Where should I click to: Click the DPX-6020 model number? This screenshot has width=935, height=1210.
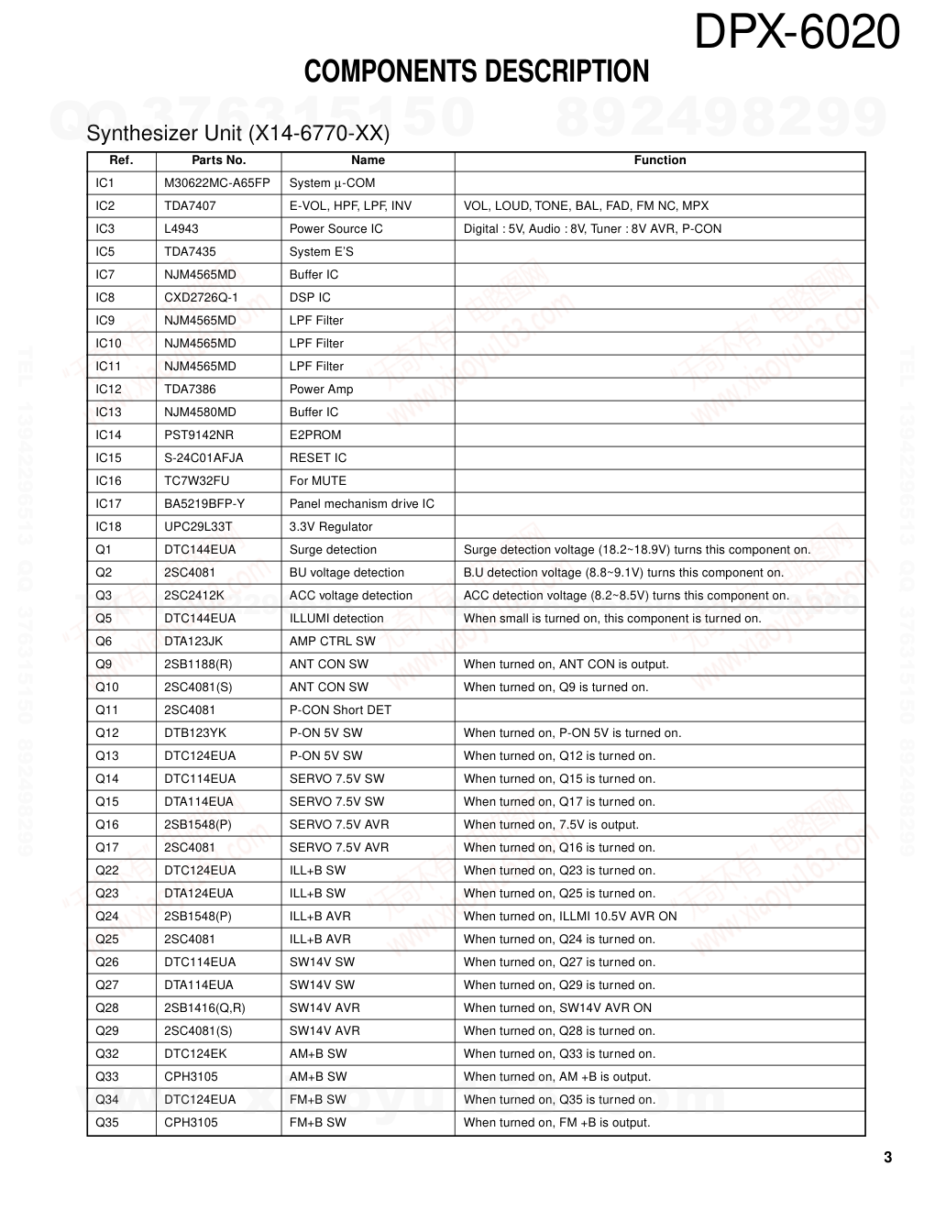pyautogui.click(x=797, y=33)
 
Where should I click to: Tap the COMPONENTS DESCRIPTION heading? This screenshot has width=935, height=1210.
pyautogui.click(x=476, y=71)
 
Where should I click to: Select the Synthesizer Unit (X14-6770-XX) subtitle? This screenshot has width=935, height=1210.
pyautogui.click(x=237, y=134)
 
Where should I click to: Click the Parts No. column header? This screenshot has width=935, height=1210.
pyautogui.click(x=218, y=160)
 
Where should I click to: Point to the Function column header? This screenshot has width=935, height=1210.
pyautogui.click(x=659, y=160)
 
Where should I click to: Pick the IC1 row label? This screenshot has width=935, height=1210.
pyautogui.click(x=104, y=183)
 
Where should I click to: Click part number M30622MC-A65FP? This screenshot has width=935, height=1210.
pyautogui.click(x=216, y=183)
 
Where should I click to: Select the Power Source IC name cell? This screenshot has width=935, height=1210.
pyautogui.click(x=335, y=229)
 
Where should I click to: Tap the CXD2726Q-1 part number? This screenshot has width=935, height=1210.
pyautogui.click(x=201, y=298)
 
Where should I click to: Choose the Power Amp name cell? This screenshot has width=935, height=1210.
pyautogui.click(x=321, y=390)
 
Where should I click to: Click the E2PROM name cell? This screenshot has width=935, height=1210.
pyautogui.click(x=314, y=435)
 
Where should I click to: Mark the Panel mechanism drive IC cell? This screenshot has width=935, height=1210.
pyautogui.click(x=361, y=504)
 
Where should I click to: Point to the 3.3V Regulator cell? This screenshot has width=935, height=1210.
pyautogui.click(x=330, y=527)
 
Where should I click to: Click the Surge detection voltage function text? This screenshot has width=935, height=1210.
pyautogui.click(x=636, y=550)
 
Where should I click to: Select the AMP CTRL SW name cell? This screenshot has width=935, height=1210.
pyautogui.click(x=332, y=642)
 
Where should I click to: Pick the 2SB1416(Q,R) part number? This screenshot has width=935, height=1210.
pyautogui.click(x=204, y=1008)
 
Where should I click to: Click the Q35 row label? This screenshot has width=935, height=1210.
pyautogui.click(x=106, y=1123)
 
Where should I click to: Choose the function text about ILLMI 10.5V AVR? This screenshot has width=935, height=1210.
pyautogui.click(x=569, y=917)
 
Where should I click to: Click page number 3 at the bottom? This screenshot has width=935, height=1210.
pyautogui.click(x=887, y=1158)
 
